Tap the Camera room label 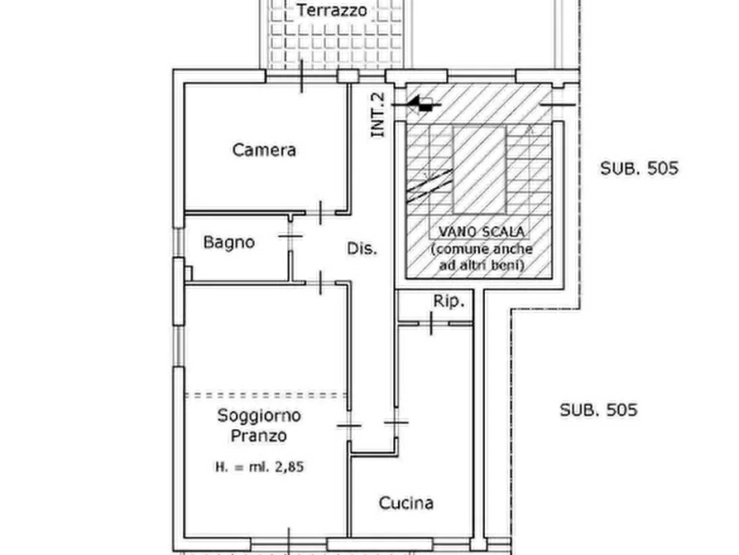pyautogui.click(x=264, y=150)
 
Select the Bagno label pyautogui.click(x=228, y=243)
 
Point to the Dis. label pyautogui.click(x=361, y=248)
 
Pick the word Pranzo pyautogui.click(x=259, y=435)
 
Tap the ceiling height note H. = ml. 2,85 pyautogui.click(x=261, y=466)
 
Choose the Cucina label pyautogui.click(x=405, y=503)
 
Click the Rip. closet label pyautogui.click(x=449, y=302)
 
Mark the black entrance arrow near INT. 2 pyautogui.click(x=423, y=103)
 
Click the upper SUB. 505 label pyautogui.click(x=639, y=168)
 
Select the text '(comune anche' pyautogui.click(x=481, y=249)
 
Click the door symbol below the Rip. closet pyautogui.click(x=431, y=325)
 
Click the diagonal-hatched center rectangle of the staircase pyautogui.click(x=479, y=169)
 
